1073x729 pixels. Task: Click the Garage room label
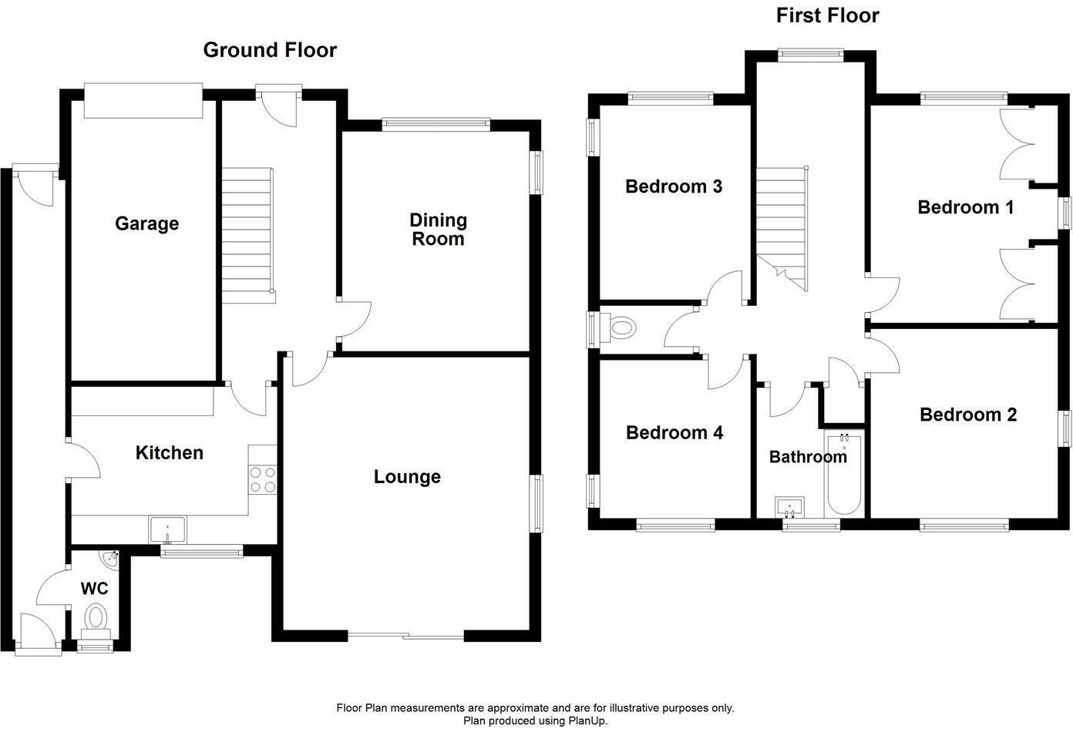(x=146, y=223)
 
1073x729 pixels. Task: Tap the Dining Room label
(x=438, y=230)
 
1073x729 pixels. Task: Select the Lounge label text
(x=407, y=477)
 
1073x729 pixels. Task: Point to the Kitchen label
(x=170, y=452)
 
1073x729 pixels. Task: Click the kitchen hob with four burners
(x=262, y=479)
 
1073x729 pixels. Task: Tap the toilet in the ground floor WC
(x=96, y=618)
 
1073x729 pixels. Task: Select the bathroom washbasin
(x=790, y=508)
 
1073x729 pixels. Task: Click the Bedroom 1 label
(x=965, y=207)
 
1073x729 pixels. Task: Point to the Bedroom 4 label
(x=674, y=433)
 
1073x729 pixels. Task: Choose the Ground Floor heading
(x=270, y=50)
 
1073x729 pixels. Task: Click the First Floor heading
(x=827, y=15)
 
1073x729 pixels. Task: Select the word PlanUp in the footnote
(x=588, y=721)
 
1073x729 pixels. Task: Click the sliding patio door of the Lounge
(x=406, y=636)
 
